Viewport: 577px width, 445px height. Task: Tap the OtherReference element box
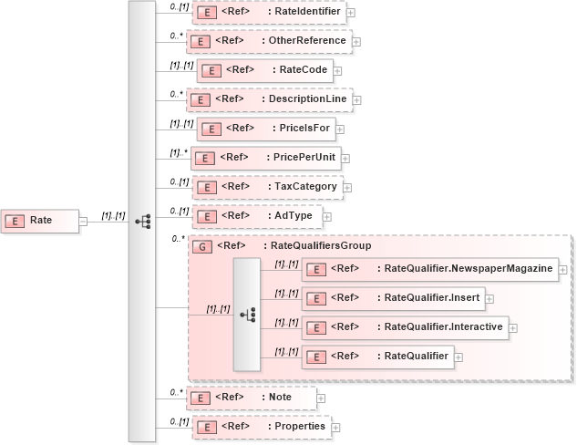(268, 41)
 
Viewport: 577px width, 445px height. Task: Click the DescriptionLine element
(269, 98)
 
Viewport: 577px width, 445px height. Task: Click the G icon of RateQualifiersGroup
(204, 246)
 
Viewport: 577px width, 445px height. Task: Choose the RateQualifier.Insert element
(393, 297)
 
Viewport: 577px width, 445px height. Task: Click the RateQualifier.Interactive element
(405, 326)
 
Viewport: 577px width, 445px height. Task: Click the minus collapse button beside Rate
(83, 221)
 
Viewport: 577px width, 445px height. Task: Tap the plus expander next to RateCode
(336, 70)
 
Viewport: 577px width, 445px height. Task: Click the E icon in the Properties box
(207, 426)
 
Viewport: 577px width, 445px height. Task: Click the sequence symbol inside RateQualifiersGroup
(247, 313)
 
